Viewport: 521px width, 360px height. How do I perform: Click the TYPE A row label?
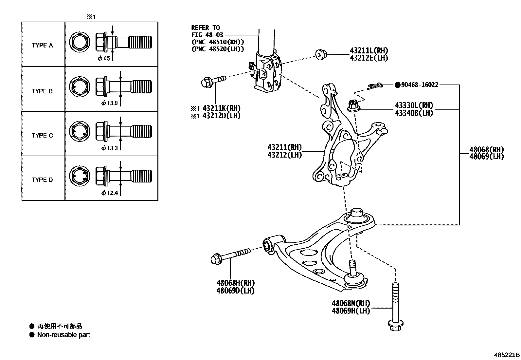pos(42,46)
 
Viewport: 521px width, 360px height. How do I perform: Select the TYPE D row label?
pos(42,180)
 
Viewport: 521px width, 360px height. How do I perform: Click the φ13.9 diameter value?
pos(110,104)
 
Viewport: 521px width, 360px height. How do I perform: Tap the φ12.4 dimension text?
pos(110,193)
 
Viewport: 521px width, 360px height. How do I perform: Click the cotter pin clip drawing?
pos(375,86)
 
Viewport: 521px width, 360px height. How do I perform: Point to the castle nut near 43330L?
pos(353,105)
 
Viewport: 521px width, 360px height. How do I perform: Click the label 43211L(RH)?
pos(369,50)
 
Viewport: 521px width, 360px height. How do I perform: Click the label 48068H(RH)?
pos(235,283)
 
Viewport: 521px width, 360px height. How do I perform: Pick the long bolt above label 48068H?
pos(230,256)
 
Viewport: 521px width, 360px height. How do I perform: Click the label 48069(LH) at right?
pos(486,157)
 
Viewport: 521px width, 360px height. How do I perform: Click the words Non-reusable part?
pos(63,335)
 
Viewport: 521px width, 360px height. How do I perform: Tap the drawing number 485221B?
pos(507,355)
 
